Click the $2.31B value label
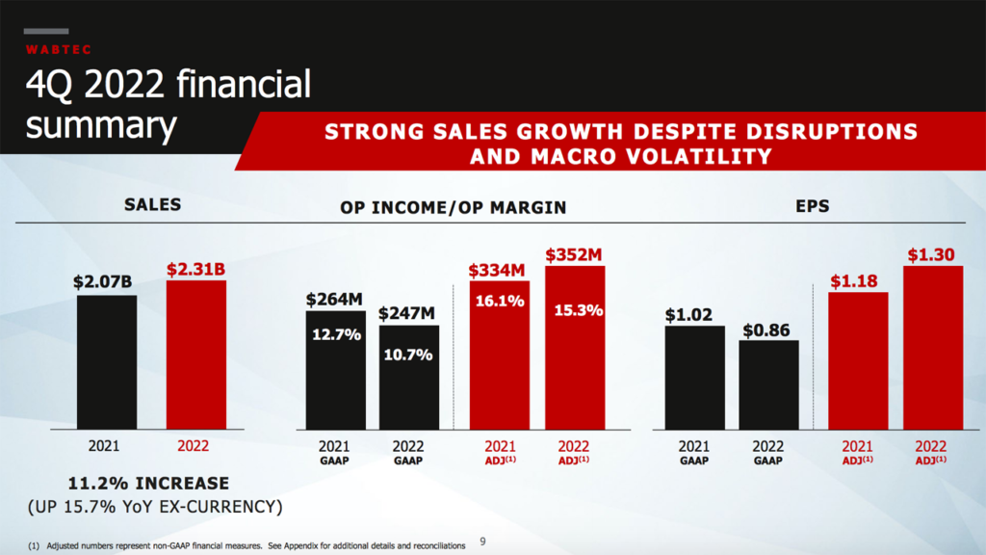[195, 270]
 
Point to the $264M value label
[335, 299]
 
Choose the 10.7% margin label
[408, 355]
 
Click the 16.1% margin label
[499, 301]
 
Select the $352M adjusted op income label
[574, 255]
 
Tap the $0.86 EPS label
[766, 330]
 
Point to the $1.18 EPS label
[857, 281]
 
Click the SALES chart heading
[152, 205]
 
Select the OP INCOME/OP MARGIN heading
[454, 207]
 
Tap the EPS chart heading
[815, 205]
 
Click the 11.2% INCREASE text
[148, 483]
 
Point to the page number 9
[483, 542]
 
